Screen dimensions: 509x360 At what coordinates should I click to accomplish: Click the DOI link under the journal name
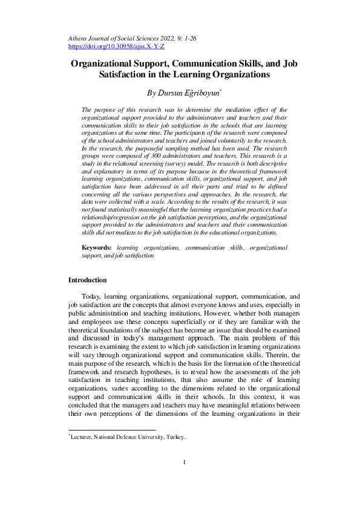click(116, 46)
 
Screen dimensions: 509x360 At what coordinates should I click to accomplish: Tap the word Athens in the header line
click(79, 38)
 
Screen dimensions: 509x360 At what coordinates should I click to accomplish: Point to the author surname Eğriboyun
click(201, 93)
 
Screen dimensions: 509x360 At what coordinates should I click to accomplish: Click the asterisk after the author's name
click(221, 91)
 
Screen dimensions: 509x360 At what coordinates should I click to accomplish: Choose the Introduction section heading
click(87, 280)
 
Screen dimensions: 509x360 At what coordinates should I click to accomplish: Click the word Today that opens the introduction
click(91, 297)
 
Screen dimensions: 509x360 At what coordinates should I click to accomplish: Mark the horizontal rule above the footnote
click(111, 430)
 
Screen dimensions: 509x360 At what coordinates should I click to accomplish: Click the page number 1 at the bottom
click(183, 479)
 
